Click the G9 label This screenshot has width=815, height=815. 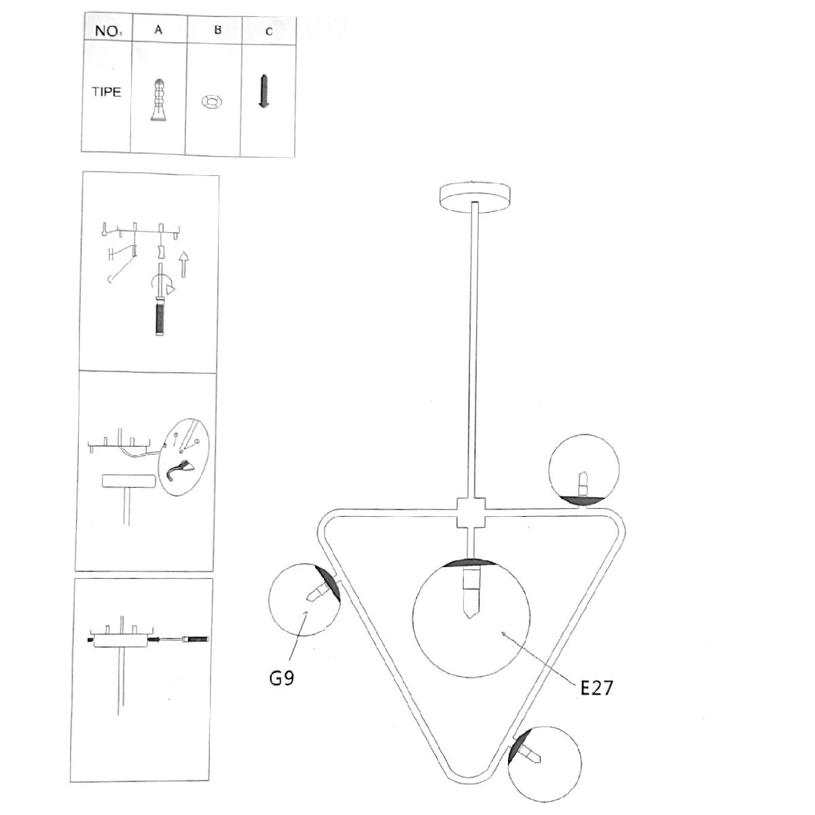coord(282,678)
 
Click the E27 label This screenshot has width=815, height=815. coord(596,688)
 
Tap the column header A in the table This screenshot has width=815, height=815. coord(158,30)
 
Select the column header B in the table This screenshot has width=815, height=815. coord(218,30)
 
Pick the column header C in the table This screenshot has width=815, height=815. coord(269,32)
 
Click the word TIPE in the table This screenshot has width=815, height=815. coord(107,92)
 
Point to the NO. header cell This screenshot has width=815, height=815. coord(108,31)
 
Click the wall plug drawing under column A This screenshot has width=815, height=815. coord(158,100)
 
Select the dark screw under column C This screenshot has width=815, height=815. coord(264,91)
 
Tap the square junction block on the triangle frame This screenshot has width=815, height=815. coord(471,513)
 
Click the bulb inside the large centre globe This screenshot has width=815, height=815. coord(471,592)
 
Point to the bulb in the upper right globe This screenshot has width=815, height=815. coord(584,483)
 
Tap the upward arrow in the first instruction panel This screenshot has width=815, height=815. coord(183,264)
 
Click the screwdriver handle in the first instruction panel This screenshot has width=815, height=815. coord(160,316)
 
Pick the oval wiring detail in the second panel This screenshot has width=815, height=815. coord(183,458)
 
